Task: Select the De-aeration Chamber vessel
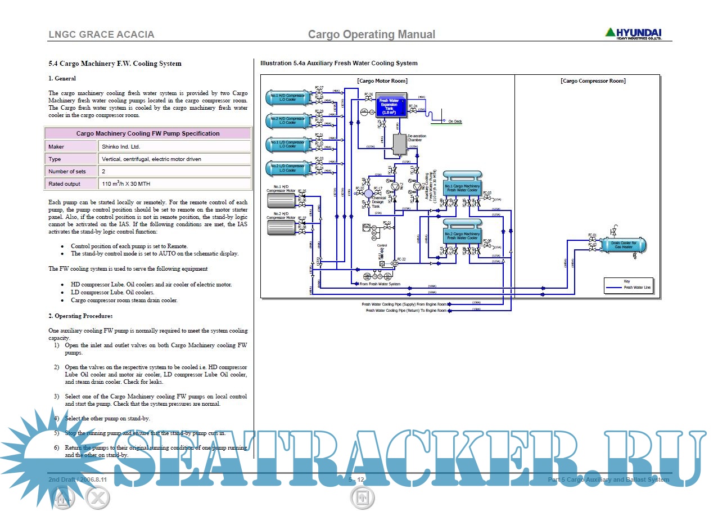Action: pyautogui.click(x=400, y=145)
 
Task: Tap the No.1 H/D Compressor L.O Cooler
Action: pyautogui.click(x=287, y=98)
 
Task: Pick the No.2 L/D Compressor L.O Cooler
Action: pyautogui.click(x=287, y=168)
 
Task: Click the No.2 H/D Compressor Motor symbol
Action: pyautogui.click(x=283, y=227)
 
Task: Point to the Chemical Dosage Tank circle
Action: pyautogui.click(x=369, y=194)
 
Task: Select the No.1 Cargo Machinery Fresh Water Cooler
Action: pyautogui.click(x=462, y=187)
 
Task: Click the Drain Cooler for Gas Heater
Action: pyautogui.click(x=624, y=245)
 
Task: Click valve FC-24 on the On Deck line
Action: pyautogui.click(x=413, y=111)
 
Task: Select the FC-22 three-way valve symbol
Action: pyautogui.click(x=394, y=263)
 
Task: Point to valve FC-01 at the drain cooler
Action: pyautogui.click(x=592, y=240)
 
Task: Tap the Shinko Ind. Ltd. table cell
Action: pyautogui.click(x=174, y=146)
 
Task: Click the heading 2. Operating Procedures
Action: pyautogui.click(x=80, y=316)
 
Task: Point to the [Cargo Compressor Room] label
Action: pyautogui.click(x=593, y=81)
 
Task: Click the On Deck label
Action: pyautogui.click(x=455, y=122)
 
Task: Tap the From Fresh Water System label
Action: pyautogui.click(x=380, y=284)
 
